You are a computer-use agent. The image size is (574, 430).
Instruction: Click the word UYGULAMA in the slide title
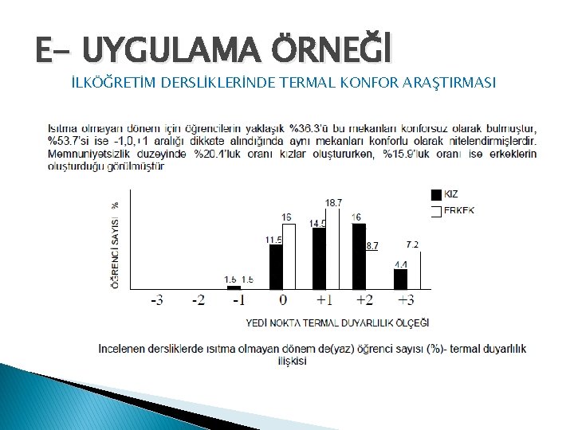click(168, 50)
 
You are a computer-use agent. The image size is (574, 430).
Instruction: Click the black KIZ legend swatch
click(436, 194)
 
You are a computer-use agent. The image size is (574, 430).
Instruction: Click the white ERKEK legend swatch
click(436, 211)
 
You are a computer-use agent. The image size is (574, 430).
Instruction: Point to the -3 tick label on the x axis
click(158, 301)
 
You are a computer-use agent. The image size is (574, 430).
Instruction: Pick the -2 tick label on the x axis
click(199, 301)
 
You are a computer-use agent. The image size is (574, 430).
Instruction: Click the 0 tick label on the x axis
click(283, 301)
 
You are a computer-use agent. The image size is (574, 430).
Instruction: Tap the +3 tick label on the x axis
click(406, 301)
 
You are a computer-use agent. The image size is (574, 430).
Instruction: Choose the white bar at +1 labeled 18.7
click(332, 248)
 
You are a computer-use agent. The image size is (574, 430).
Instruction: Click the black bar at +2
click(359, 256)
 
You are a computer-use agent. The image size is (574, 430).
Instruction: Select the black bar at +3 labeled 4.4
click(400, 279)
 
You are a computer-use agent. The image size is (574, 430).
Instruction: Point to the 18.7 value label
click(333, 203)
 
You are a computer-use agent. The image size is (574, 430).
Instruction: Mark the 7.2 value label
click(412, 244)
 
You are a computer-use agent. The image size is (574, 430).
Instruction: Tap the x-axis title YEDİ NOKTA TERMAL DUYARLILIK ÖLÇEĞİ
click(337, 322)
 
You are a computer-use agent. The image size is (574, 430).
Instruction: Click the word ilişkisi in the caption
click(292, 361)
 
